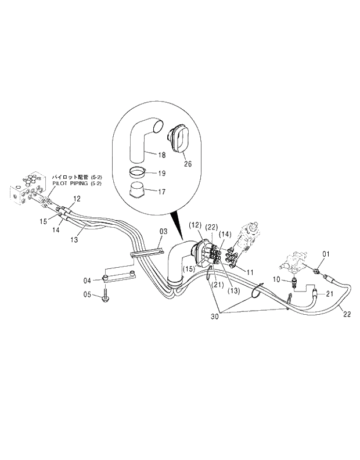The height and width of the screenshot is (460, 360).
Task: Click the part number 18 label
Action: click(x=161, y=156)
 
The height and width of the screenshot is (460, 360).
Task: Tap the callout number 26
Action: click(x=187, y=163)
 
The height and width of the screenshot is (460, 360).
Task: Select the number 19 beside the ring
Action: click(x=161, y=173)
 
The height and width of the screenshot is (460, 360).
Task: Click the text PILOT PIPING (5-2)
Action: click(x=77, y=184)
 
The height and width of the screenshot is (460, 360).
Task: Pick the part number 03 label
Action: click(x=164, y=231)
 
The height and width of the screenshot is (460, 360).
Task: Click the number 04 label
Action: click(x=87, y=280)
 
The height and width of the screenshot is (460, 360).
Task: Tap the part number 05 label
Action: click(x=87, y=294)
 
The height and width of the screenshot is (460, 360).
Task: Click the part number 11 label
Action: click(x=250, y=272)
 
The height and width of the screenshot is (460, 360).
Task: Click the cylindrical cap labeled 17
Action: click(x=139, y=191)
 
